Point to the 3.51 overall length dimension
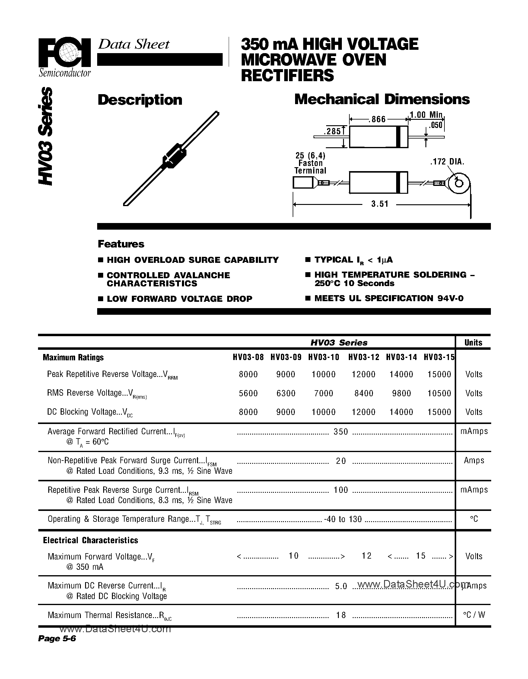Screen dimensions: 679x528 380,204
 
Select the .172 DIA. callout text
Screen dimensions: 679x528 447,162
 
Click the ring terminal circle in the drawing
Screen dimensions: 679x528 458,183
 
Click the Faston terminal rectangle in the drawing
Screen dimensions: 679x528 303,183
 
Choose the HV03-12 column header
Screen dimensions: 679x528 364,358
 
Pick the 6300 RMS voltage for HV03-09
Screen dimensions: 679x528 286,393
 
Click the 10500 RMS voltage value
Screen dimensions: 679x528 439,393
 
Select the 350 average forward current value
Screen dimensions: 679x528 341,432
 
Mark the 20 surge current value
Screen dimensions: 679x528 341,461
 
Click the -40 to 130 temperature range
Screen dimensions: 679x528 343,519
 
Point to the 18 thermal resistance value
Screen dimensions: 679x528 341,615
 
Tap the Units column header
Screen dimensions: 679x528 473,343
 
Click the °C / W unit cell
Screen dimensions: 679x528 474,615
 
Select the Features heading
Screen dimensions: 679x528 121,244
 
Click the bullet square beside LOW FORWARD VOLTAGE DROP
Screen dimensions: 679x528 100,299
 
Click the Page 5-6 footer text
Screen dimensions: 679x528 57,639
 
